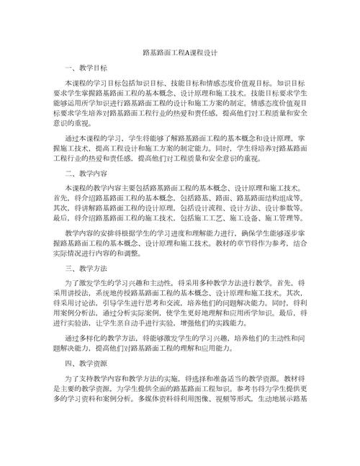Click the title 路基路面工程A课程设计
(x=180, y=53)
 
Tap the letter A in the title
(x=188, y=53)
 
